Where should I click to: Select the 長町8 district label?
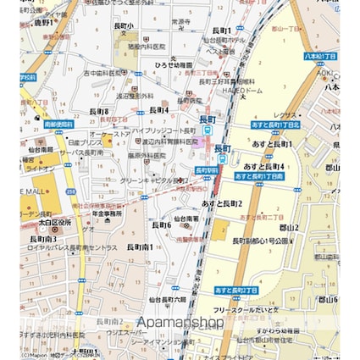click(98, 111)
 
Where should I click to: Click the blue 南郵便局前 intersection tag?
click(60, 125)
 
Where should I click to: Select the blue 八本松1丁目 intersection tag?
click(320, 56)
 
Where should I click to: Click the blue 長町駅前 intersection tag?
click(207, 169)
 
